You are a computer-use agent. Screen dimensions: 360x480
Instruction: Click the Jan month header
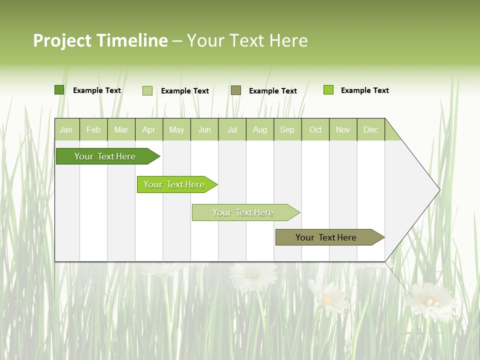click(x=66, y=129)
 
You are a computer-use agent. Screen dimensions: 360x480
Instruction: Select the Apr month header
click(x=148, y=129)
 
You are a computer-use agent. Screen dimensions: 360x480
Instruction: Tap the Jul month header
click(x=232, y=129)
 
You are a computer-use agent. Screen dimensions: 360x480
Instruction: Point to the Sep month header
click(x=287, y=129)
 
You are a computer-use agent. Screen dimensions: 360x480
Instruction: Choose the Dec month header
click(x=370, y=129)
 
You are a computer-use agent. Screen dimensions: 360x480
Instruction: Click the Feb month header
click(x=93, y=129)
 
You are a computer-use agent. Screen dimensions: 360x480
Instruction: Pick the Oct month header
click(x=315, y=129)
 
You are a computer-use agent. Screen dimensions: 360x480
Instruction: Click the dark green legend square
click(x=59, y=90)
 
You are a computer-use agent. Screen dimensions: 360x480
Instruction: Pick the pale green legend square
click(x=147, y=90)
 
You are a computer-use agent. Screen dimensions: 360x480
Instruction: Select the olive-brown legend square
click(x=236, y=90)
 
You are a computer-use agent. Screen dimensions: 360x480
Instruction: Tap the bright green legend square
click(x=328, y=90)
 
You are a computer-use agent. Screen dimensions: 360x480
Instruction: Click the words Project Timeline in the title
click(x=100, y=40)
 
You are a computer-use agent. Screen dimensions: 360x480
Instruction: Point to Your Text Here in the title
click(x=247, y=40)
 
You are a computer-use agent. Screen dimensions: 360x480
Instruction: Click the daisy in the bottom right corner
click(x=431, y=301)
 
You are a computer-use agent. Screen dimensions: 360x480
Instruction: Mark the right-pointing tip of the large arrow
click(x=438, y=190)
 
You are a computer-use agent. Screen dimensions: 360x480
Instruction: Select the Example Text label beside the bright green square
click(x=364, y=90)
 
